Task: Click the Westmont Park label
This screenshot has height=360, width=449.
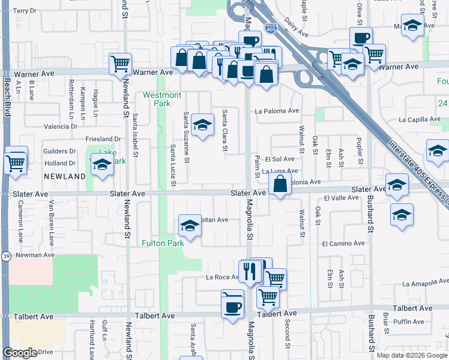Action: (x=161, y=99)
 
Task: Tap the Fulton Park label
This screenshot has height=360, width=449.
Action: (x=162, y=243)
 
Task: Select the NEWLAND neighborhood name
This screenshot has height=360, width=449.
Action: (x=64, y=176)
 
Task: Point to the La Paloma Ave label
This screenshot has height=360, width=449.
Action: (x=277, y=111)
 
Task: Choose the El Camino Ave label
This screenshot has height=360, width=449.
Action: (x=343, y=244)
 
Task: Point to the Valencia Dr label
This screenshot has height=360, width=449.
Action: (x=60, y=127)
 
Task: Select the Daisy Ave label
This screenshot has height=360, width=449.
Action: (x=297, y=35)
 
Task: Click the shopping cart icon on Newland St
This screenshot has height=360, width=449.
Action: (x=121, y=63)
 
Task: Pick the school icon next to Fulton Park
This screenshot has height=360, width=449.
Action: (x=190, y=226)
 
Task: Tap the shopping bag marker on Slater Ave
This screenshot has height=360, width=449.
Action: (x=280, y=184)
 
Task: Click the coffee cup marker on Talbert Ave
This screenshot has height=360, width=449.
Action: (x=232, y=307)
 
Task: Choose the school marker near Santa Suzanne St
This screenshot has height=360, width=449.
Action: (x=203, y=125)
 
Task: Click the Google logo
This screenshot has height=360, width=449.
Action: (x=20, y=353)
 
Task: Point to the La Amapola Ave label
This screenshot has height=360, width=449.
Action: (x=425, y=283)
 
